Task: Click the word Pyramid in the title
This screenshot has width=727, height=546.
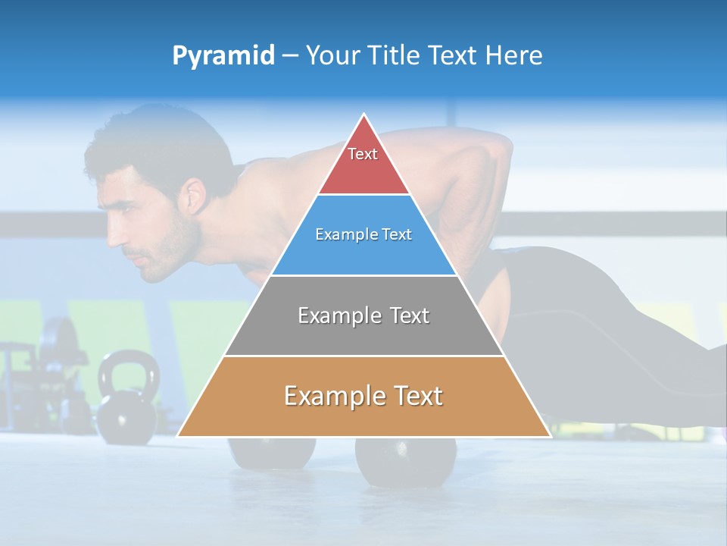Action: point(223,56)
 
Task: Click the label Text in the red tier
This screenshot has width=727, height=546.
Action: point(363,154)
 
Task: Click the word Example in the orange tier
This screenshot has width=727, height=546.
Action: point(333,396)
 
